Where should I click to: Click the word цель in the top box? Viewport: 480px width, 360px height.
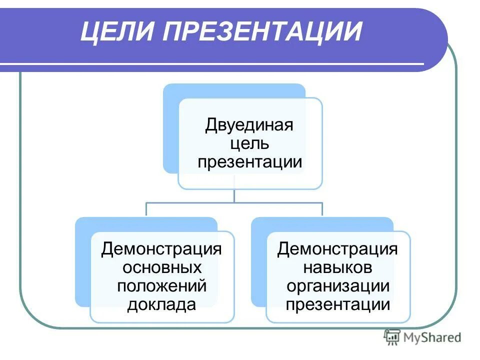[x=249, y=144]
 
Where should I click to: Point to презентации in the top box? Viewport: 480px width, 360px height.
[x=249, y=162]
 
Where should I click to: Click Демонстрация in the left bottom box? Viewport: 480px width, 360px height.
[x=161, y=248]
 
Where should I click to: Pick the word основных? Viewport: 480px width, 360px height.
[x=161, y=267]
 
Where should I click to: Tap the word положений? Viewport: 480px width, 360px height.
[x=161, y=285]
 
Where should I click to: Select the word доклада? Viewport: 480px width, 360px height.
[x=161, y=304]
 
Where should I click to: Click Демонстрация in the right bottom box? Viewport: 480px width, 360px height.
[x=337, y=248]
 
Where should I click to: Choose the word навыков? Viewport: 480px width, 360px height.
[x=337, y=267]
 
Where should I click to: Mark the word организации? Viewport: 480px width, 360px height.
[x=337, y=285]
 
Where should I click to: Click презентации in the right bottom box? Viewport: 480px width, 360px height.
[x=337, y=304]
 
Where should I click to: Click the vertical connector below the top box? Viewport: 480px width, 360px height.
[x=234, y=195]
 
